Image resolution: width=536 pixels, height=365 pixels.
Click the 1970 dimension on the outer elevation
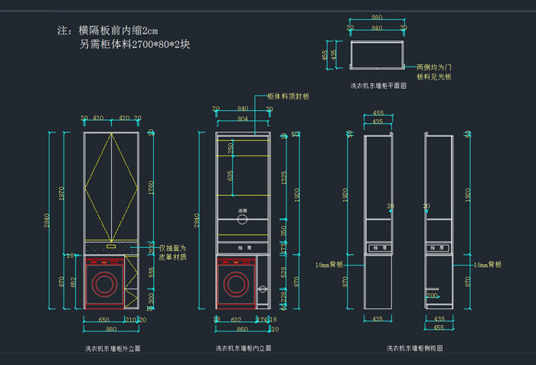pyautogui.click(x=63, y=194)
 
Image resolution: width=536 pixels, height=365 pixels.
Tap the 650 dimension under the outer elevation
pyautogui.click(x=103, y=319)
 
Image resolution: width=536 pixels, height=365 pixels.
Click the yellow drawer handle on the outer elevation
pyautogui.click(x=111, y=246)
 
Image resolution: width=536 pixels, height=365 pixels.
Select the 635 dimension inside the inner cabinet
pyautogui.click(x=230, y=174)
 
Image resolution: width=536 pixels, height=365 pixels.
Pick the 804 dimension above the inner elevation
pyautogui.click(x=243, y=119)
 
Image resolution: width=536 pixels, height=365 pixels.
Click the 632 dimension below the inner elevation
pyautogui.click(x=237, y=319)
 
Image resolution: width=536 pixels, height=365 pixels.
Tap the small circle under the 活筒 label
pyautogui.click(x=243, y=220)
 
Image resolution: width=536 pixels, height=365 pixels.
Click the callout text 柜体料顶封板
pyautogui.click(x=288, y=96)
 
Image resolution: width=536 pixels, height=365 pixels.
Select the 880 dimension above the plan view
pyautogui.click(x=377, y=17)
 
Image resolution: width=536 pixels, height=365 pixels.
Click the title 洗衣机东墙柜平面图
pyautogui.click(x=378, y=86)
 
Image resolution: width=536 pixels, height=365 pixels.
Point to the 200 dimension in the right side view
pyautogui.click(x=433, y=295)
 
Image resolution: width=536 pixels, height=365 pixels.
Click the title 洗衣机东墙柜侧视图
pyautogui.click(x=414, y=348)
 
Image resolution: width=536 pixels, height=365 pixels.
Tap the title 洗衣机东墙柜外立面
pyautogui.click(x=113, y=348)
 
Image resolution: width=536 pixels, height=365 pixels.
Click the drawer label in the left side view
pyautogui.click(x=378, y=248)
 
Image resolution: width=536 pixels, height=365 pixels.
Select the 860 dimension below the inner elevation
pyautogui.click(x=243, y=328)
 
